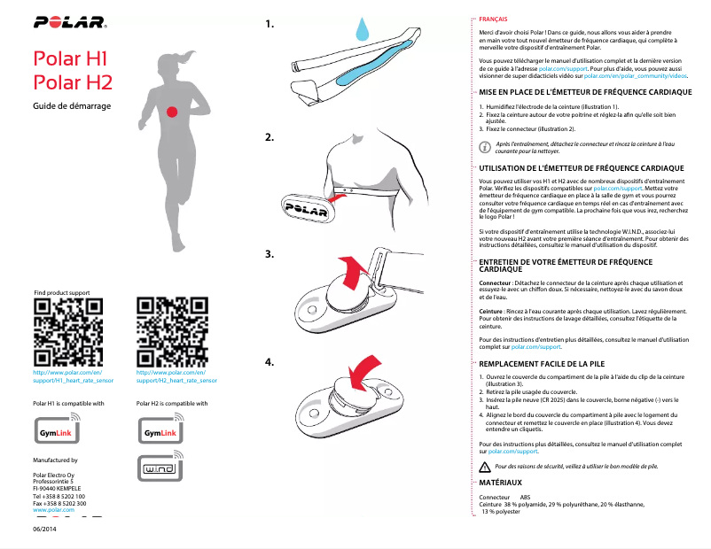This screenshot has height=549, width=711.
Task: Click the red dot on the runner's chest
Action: coord(172,111)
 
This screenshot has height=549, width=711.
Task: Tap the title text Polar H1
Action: coord(70,60)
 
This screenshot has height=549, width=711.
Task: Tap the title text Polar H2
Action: coord(72,83)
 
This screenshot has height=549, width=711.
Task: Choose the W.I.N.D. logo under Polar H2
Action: coord(160,468)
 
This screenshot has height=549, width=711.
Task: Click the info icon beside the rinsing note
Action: coord(484,148)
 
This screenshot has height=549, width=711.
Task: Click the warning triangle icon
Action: coord(484,467)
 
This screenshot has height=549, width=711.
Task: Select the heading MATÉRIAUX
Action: coord(500,483)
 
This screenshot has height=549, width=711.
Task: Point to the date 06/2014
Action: coord(45,529)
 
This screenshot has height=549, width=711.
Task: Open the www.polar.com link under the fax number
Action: coord(53,511)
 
